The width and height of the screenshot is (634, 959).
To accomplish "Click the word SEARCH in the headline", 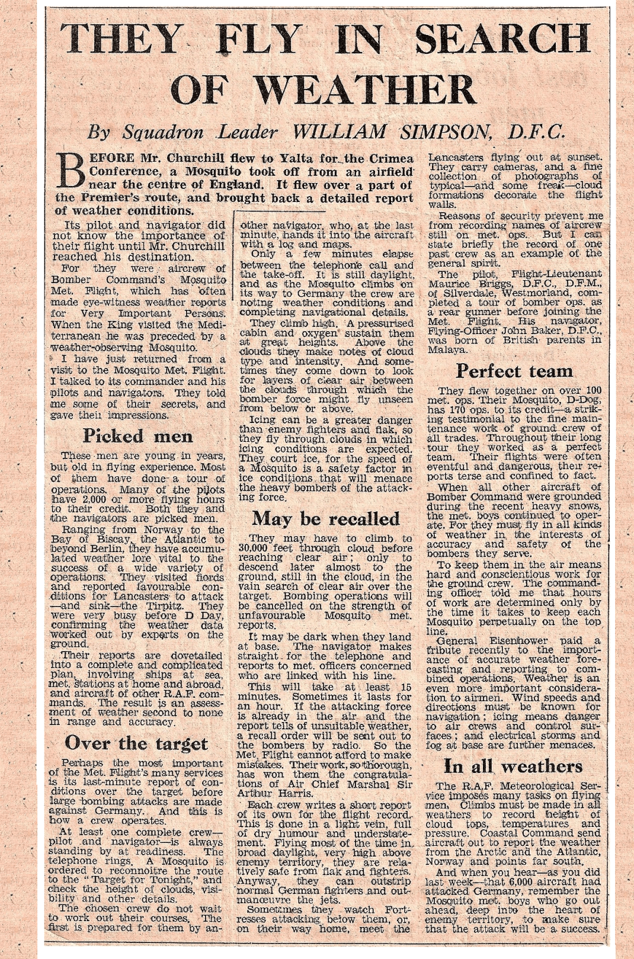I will [x=501, y=39].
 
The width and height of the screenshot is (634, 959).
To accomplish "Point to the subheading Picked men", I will [x=137, y=436].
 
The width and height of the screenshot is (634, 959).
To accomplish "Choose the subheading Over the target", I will [x=136, y=743].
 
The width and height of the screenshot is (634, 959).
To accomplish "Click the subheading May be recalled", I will [x=326, y=519].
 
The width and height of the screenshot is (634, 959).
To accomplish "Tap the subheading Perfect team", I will [x=514, y=371].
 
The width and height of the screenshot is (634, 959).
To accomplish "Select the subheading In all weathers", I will [x=513, y=766].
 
